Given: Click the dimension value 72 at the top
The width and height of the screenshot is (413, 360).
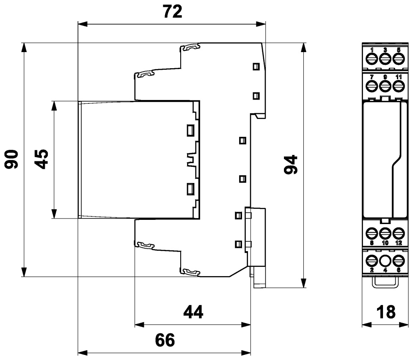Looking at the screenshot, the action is point(173,12).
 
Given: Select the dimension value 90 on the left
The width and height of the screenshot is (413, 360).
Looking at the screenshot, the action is point(11,159).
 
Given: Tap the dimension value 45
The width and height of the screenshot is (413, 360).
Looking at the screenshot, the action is point(41,159).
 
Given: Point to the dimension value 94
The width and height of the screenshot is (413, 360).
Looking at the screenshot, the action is point(291,165).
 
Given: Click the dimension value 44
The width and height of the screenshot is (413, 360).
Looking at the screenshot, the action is point(193,312).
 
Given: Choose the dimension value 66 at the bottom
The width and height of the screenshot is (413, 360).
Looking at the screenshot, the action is point(165,340).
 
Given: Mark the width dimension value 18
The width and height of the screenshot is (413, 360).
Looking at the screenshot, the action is point(386,312).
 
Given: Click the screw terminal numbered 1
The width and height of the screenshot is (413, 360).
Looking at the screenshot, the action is point(372,58).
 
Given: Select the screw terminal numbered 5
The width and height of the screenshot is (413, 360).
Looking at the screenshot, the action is point(399,58).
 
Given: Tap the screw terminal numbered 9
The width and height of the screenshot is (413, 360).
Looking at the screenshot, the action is point(385,86).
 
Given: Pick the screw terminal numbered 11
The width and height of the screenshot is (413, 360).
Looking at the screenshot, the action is point(399,86).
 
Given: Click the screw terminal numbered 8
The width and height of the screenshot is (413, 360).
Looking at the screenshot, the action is point(372,233).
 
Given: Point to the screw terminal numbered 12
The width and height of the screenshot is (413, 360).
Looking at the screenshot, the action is point(399,233).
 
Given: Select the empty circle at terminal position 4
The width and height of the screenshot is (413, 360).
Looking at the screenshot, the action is point(385,260).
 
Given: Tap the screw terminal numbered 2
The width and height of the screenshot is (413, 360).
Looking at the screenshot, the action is point(372,260).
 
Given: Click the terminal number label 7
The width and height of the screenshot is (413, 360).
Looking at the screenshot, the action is point(372,77).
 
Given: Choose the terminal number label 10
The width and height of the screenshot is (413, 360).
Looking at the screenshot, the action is point(385,242).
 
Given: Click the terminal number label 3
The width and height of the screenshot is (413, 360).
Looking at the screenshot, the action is point(385,50).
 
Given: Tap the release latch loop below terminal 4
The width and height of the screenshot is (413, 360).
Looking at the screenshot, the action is point(385,287).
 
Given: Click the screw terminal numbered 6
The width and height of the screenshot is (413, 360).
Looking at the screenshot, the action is point(399,260).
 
